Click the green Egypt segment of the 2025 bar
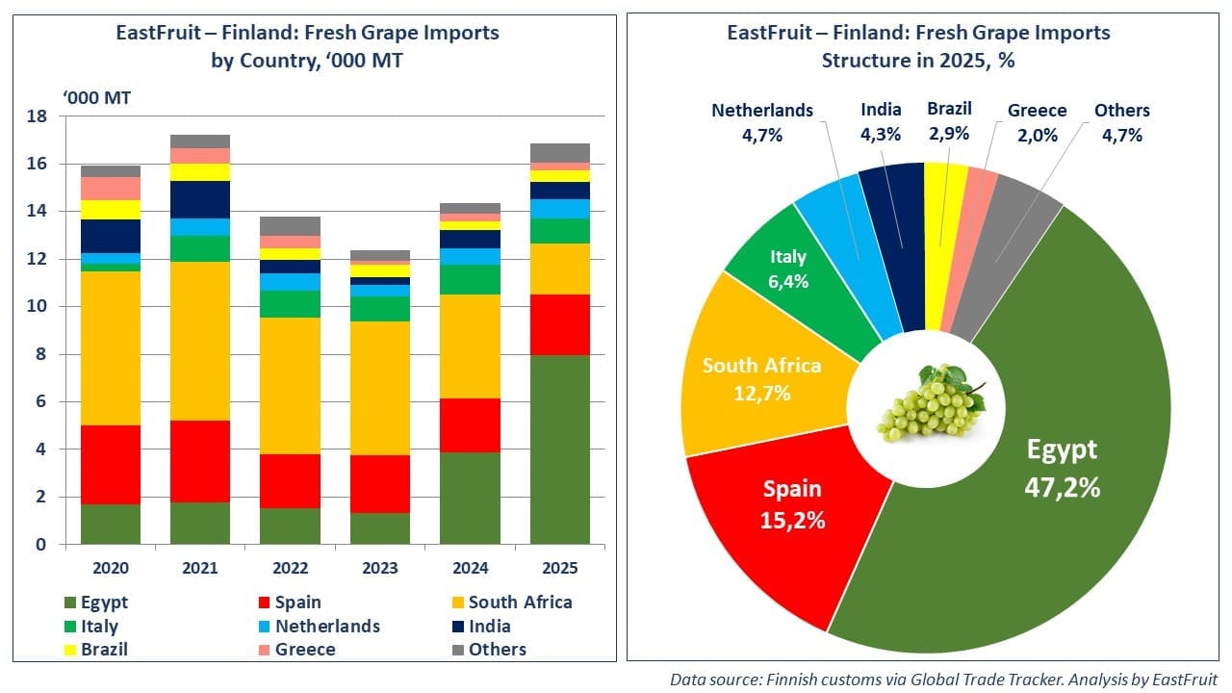[559, 449]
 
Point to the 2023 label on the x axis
[382, 568]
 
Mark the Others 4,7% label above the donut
[1121, 122]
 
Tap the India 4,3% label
[881, 122]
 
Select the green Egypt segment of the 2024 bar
[471, 498]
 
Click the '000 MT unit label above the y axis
[97, 98]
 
